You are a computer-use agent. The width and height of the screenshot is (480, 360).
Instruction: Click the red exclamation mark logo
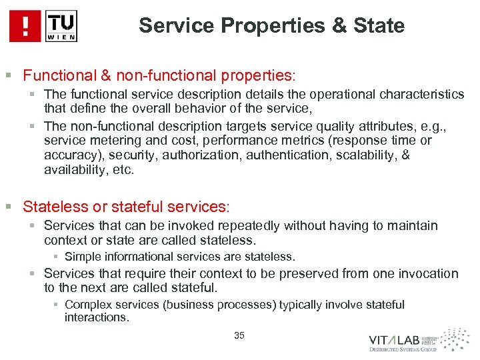click(x=25, y=26)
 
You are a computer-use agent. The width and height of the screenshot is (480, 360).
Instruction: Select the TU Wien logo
click(x=62, y=26)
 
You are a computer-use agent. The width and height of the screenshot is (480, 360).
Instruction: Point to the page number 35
click(x=239, y=335)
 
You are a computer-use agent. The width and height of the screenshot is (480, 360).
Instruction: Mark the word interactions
click(x=95, y=317)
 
